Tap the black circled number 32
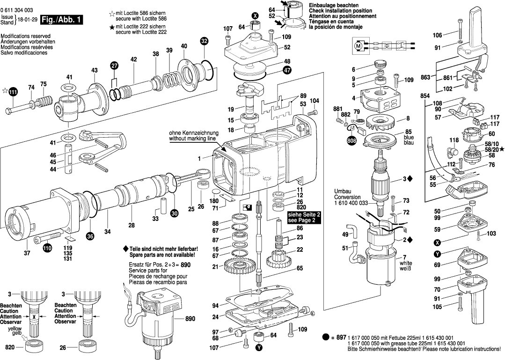(204, 41)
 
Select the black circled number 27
(114, 66)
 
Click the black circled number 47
(287, 70)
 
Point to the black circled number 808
(351, 140)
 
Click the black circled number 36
(90, 236)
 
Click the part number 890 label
(190, 319)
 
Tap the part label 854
(425, 96)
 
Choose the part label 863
(425, 77)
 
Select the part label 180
(215, 201)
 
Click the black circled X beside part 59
(437, 242)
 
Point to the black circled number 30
(174, 213)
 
